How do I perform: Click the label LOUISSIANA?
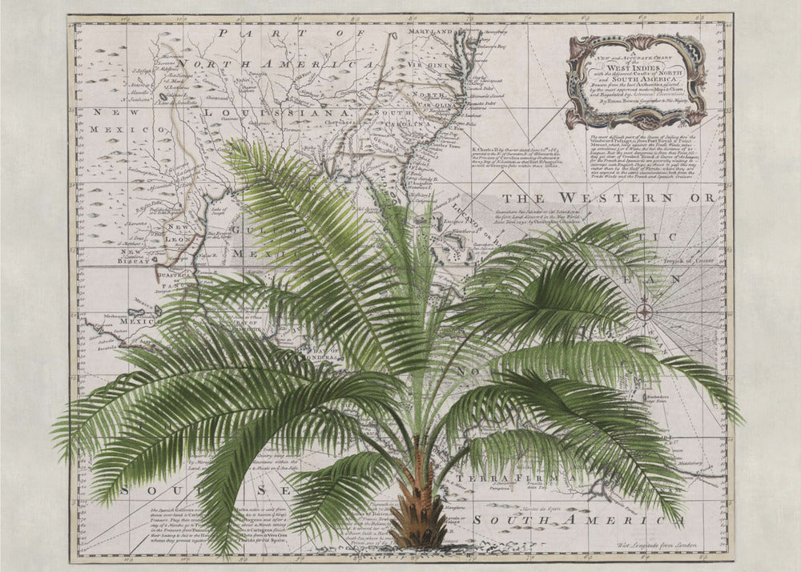tap(272, 115)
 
